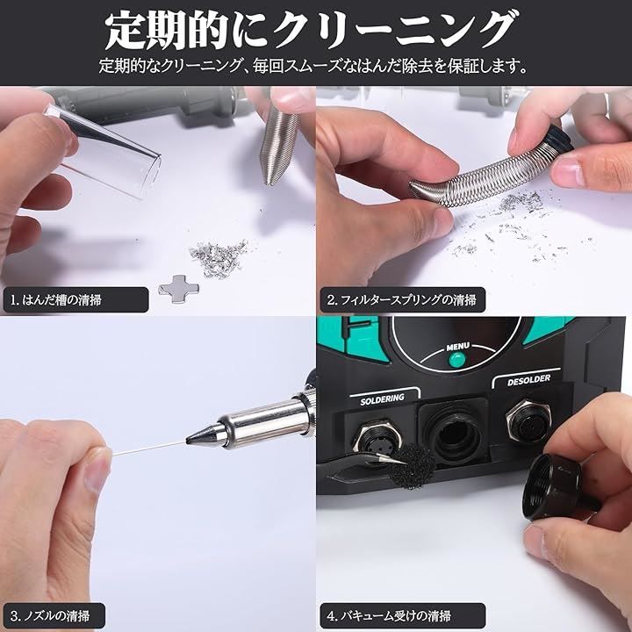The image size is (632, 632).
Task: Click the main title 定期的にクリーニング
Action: tap(309, 30)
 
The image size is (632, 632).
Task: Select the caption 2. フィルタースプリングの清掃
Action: tap(401, 299)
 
